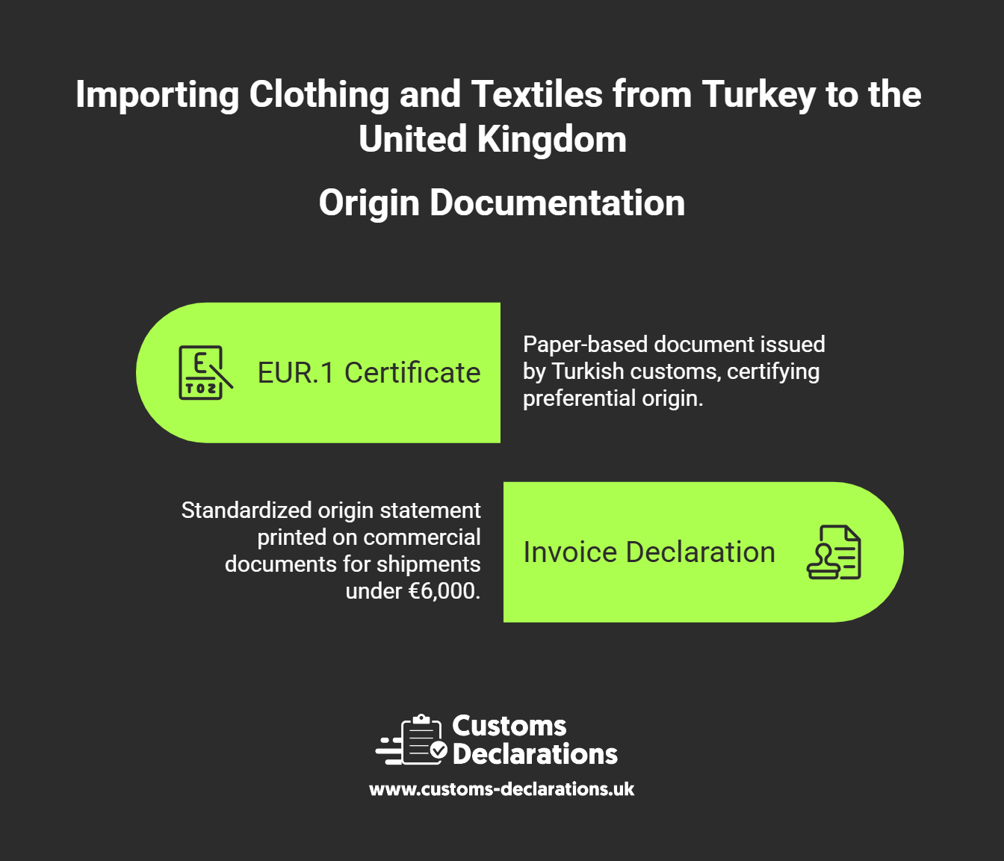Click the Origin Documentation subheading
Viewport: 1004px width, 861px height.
pyautogui.click(x=502, y=203)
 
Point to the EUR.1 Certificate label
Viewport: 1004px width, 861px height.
pyautogui.click(x=369, y=373)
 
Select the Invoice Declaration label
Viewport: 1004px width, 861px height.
pyautogui.click(x=649, y=552)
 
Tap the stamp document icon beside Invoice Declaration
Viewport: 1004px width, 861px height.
pyautogui.click(x=834, y=552)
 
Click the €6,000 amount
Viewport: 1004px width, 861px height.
pyautogui.click(x=443, y=591)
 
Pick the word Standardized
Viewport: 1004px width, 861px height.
pyautogui.click(x=247, y=510)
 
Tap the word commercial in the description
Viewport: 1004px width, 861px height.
pyautogui.click(x=435, y=537)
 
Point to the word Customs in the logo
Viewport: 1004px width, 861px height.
pyautogui.click(x=509, y=726)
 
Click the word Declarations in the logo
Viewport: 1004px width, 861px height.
pyautogui.click(x=535, y=754)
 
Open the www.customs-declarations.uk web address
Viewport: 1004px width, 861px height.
pyautogui.click(x=502, y=789)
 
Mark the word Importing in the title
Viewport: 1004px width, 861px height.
pyautogui.click(x=157, y=96)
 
